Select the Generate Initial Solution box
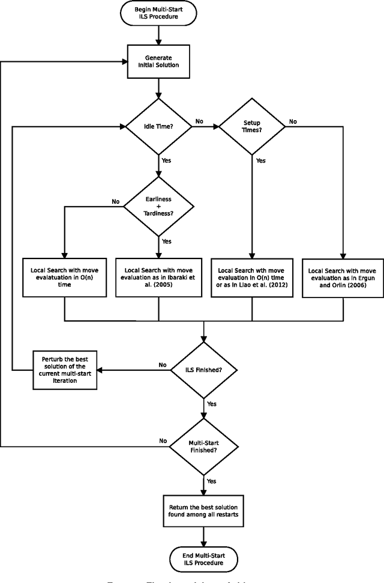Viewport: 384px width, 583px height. pos(158,61)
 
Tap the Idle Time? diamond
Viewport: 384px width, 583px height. pos(158,126)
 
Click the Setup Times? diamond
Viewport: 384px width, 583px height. pos(251,126)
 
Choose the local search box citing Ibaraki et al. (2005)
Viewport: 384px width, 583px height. pos(158,278)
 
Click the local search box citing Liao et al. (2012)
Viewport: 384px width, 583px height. pos(251,278)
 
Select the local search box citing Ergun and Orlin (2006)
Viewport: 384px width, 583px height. pos(343,278)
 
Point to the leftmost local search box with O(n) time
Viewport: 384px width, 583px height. pos(64,278)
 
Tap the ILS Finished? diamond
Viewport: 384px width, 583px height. pos(205,369)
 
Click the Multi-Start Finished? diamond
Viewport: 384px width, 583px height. pos(205,445)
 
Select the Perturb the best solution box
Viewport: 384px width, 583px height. pos(64,369)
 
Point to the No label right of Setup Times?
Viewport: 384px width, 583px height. pos(293,121)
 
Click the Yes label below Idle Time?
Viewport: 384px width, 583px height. pos(167,160)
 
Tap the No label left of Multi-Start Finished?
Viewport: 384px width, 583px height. pos(163,441)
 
